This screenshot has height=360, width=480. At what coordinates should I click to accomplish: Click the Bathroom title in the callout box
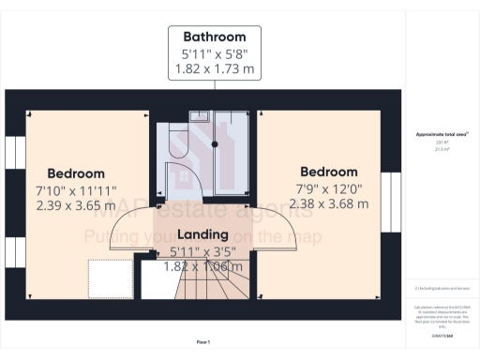coord(215,37)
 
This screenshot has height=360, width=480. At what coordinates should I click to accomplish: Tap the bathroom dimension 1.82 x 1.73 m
coord(215,68)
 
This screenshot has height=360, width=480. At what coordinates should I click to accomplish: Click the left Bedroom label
coord(76,173)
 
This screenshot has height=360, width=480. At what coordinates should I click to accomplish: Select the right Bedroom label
coord(328,172)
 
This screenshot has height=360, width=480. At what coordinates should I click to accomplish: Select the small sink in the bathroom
coord(200,115)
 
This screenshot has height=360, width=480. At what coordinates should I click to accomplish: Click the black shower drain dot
coord(215,144)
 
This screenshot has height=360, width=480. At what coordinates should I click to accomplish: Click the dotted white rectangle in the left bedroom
coord(111,277)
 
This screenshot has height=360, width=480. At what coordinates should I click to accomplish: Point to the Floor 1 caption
coord(202,341)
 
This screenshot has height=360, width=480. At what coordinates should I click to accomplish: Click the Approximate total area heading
coord(442,135)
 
